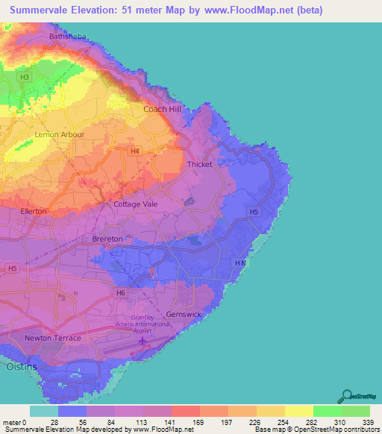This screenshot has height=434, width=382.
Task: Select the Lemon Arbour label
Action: [60, 135]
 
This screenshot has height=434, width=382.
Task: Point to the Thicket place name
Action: [200, 164]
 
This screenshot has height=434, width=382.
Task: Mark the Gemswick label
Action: [184, 314]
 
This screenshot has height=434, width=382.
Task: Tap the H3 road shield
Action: [25, 77]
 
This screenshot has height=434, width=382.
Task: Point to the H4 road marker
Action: [134, 151]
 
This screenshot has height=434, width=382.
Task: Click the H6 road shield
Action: [119, 292]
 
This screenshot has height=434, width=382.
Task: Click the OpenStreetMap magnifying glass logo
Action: [345, 396]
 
